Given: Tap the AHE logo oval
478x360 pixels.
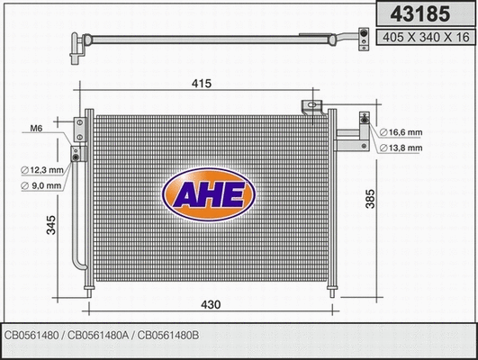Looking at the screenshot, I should point(208,194).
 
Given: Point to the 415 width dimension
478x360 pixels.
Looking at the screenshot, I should point(201,84).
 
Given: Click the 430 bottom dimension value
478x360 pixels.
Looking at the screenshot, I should point(209,306).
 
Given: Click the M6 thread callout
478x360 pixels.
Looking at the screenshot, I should point(36,129).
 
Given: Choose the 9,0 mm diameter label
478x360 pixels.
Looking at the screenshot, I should point(42,185).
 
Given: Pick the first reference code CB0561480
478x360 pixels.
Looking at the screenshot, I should point(33,335).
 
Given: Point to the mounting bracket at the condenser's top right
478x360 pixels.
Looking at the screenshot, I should point(313,106).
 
